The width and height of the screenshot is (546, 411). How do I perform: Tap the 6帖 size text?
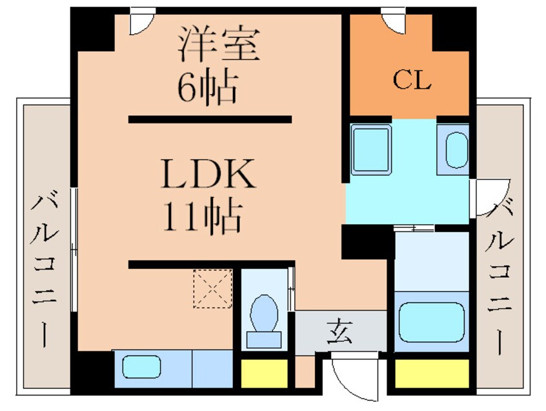point(208,88)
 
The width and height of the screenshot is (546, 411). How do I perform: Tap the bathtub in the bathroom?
point(431,321)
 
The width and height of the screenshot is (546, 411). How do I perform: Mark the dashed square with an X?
point(212,289)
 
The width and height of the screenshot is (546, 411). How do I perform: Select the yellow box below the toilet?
point(265,373)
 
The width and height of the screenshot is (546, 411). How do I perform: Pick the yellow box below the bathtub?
point(431,374)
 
